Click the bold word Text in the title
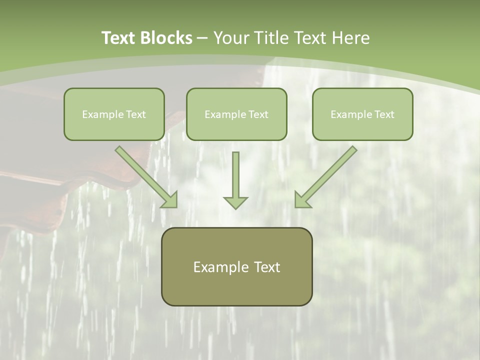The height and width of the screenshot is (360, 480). tap(118, 38)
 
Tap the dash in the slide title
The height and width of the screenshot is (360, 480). tap(202, 38)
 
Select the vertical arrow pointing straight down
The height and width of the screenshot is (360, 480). tap(235, 175)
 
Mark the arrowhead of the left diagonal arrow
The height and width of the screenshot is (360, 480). tap(170, 200)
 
